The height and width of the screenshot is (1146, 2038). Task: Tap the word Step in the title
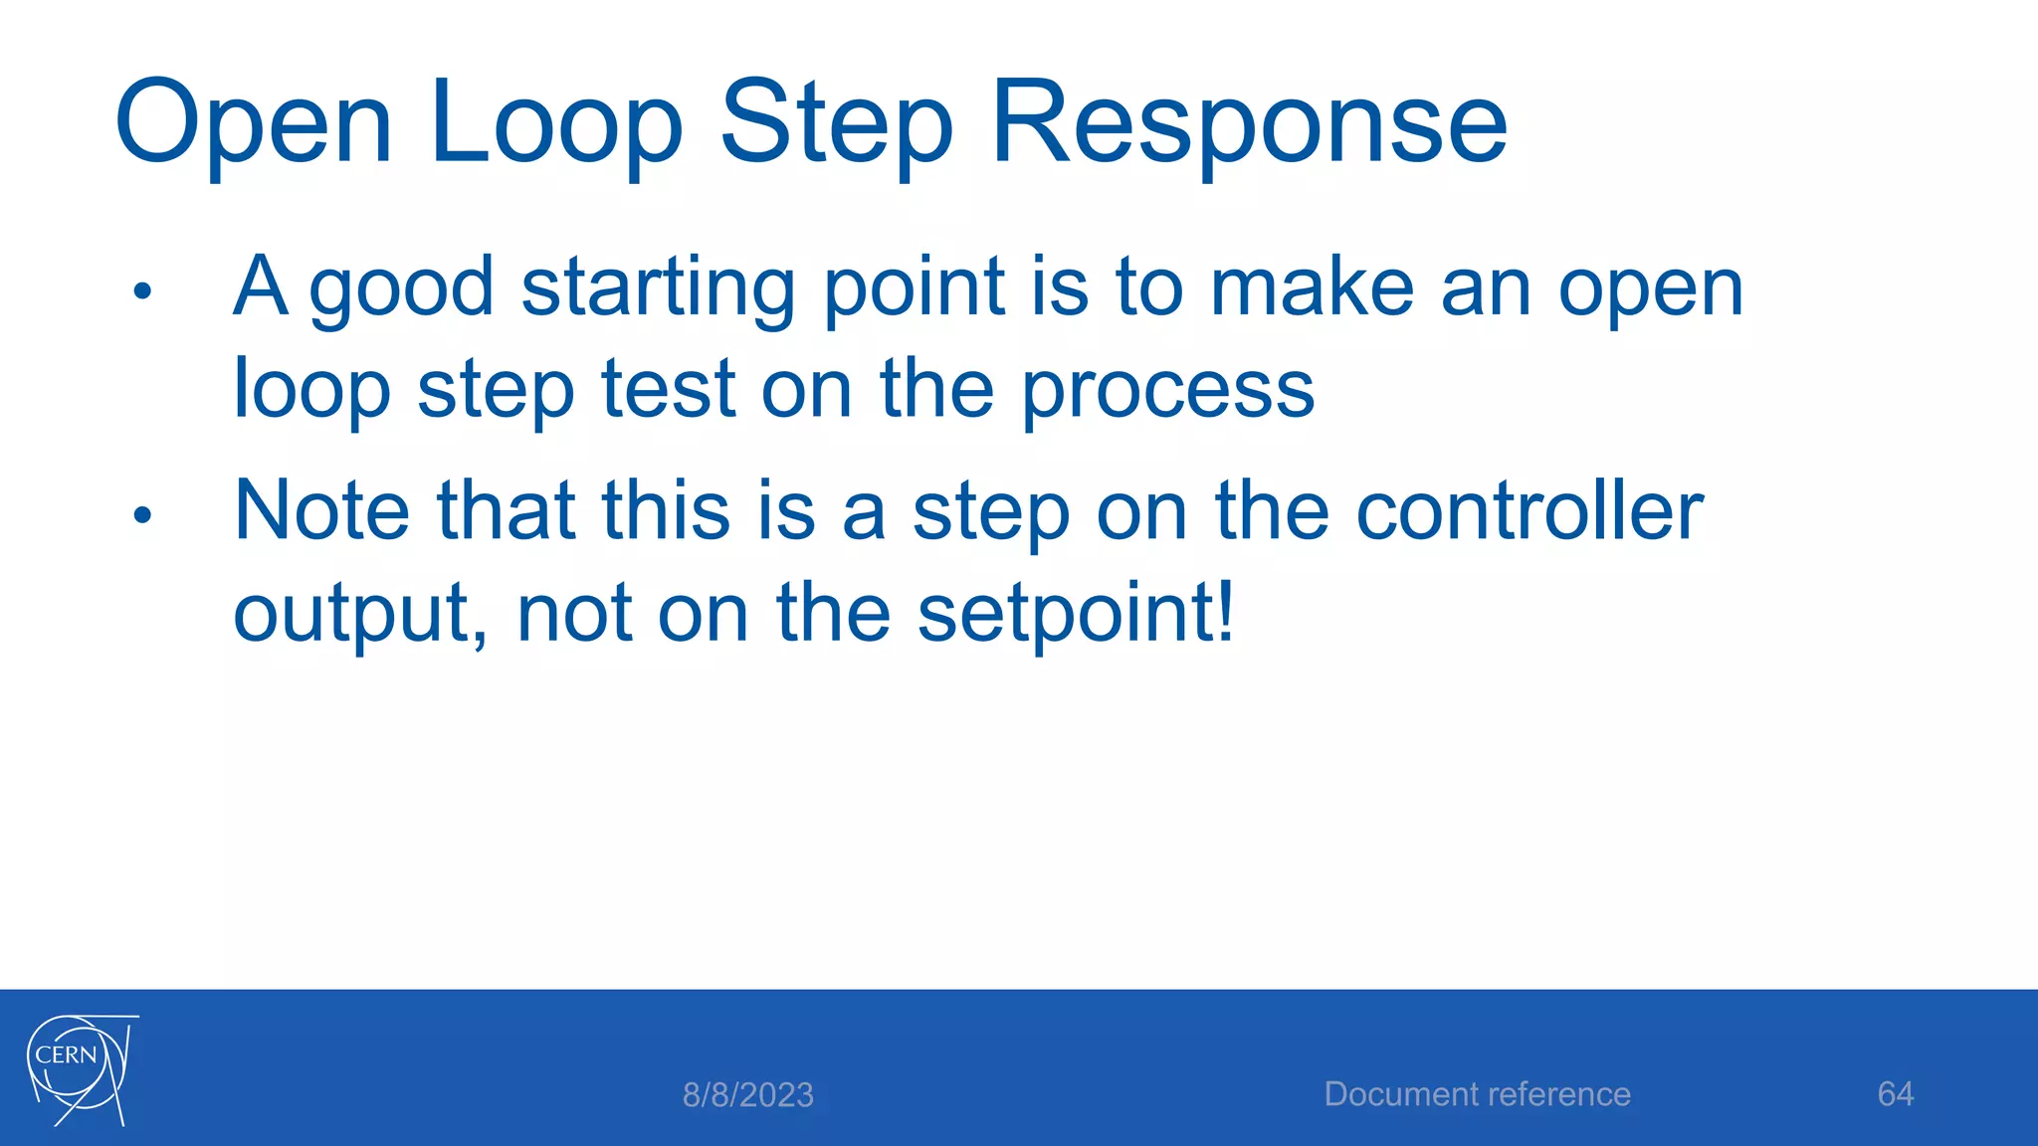pyautogui.click(x=836, y=123)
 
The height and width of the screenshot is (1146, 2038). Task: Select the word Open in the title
pyautogui.click(x=254, y=123)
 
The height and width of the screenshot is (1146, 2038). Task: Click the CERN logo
pyautogui.click(x=81, y=1070)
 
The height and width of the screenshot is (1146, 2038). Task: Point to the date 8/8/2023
pyautogui.click(x=747, y=1095)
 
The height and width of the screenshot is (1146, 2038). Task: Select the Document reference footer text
pyautogui.click(x=1477, y=1094)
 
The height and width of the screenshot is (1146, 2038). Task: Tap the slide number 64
pyautogui.click(x=1895, y=1094)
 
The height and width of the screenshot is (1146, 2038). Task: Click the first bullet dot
pyautogui.click(x=142, y=290)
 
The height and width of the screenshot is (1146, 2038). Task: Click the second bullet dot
pyautogui.click(x=142, y=515)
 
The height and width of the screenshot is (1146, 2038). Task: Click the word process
pyautogui.click(x=1168, y=390)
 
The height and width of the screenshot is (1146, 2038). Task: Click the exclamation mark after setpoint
pyautogui.click(x=1225, y=610)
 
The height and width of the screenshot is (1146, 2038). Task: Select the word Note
pyautogui.click(x=320, y=511)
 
